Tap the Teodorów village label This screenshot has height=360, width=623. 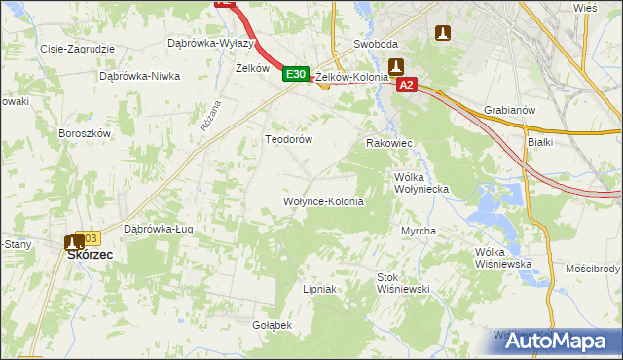pyautogui.click(x=288, y=139)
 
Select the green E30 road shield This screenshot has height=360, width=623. pyautogui.click(x=296, y=74)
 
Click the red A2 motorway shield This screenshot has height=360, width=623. pyautogui.click(x=407, y=86)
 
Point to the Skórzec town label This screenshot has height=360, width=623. pyautogui.click(x=89, y=254)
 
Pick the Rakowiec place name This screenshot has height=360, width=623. pyautogui.click(x=389, y=143)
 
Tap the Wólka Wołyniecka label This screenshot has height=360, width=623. pyautogui.click(x=420, y=184)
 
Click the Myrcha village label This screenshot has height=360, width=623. pyautogui.click(x=419, y=231)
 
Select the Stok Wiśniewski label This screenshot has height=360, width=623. pyautogui.click(x=403, y=283)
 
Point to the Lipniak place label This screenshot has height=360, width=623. pyautogui.click(x=319, y=289)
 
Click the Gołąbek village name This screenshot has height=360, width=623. pyautogui.click(x=273, y=325)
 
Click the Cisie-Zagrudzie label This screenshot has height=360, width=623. pyautogui.click(x=77, y=48)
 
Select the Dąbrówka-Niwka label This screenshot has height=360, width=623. pyautogui.click(x=140, y=75)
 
